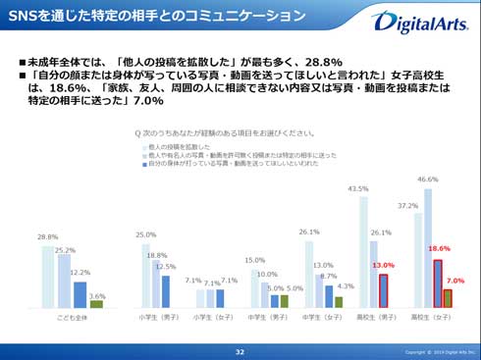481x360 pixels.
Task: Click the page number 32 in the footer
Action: click(x=240, y=351)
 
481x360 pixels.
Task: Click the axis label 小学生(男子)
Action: click(x=154, y=318)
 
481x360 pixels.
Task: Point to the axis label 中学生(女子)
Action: click(x=321, y=318)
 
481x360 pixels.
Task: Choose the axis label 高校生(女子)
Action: click(x=434, y=318)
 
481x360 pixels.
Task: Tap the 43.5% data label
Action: click(x=358, y=188)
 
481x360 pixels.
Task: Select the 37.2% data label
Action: click(x=410, y=206)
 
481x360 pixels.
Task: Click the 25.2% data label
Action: click(x=65, y=250)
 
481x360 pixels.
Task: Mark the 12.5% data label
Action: click(x=167, y=267)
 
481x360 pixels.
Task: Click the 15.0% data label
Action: click(x=254, y=260)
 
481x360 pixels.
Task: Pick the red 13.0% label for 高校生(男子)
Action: click(x=384, y=266)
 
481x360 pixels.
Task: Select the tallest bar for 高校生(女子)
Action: click(x=427, y=247)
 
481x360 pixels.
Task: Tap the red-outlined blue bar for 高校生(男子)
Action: click(x=384, y=291)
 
